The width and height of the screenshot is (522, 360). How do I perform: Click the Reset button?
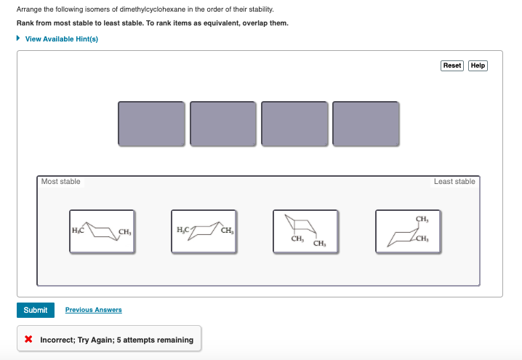coord(452,65)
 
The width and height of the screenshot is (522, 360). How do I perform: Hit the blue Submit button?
coord(35,310)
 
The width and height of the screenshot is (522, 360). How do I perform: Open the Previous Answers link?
coord(93,310)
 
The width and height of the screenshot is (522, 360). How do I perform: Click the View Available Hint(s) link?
coord(61,39)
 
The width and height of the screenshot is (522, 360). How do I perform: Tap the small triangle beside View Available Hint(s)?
coord(19,39)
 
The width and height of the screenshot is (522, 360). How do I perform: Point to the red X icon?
coord(28,340)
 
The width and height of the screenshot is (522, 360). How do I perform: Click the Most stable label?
coord(61,181)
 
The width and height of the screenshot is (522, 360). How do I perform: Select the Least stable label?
coord(454,181)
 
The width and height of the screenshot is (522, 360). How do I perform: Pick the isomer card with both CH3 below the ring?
coord(305,231)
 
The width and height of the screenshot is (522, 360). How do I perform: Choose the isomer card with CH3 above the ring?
coord(407,231)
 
